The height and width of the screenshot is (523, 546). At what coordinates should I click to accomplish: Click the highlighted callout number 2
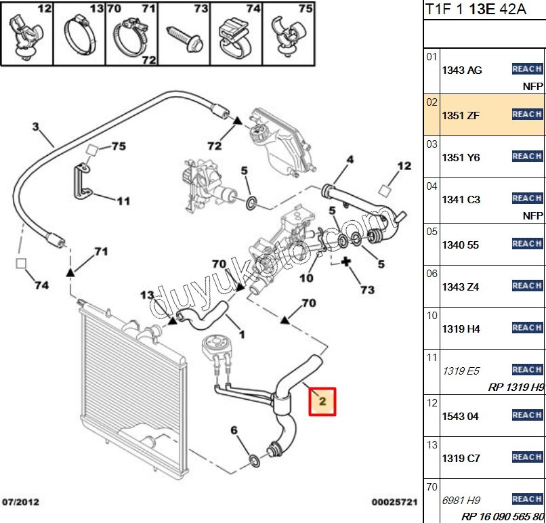[322, 401]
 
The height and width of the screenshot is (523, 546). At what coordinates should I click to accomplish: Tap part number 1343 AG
[462, 70]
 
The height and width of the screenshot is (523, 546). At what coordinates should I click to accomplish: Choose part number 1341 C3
[461, 200]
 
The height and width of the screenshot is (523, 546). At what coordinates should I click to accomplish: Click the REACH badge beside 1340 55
[526, 243]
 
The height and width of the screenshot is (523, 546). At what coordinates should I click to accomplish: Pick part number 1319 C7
[461, 458]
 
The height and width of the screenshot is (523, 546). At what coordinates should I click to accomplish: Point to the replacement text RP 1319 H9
[516, 387]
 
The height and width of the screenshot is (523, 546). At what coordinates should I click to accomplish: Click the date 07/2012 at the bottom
[22, 502]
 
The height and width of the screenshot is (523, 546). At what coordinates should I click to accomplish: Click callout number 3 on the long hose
[35, 126]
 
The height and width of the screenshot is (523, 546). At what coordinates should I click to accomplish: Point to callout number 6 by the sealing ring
[234, 430]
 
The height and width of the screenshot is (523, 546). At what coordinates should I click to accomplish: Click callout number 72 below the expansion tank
[214, 146]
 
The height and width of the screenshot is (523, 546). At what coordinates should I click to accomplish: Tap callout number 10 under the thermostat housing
[306, 278]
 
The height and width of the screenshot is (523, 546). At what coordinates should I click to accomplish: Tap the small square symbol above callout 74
[20, 263]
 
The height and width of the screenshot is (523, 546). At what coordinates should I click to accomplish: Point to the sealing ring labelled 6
[254, 461]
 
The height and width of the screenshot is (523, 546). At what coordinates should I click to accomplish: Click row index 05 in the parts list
[432, 231]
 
